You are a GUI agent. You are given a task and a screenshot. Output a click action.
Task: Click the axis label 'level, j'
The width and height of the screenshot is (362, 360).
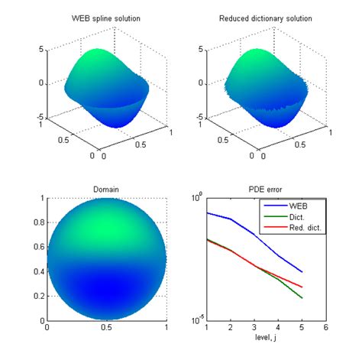point(266,337)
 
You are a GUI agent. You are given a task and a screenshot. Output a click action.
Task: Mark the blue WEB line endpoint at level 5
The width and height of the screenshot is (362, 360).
point(302,272)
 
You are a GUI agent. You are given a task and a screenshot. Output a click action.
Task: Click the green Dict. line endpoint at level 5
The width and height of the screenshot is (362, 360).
point(302,298)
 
